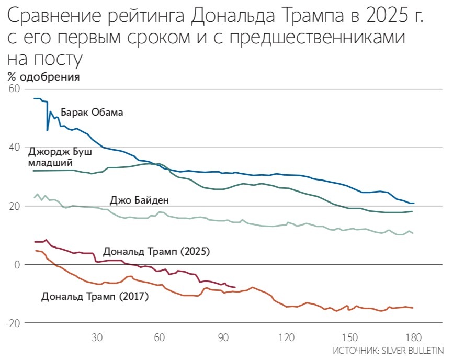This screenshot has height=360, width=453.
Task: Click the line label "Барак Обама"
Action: (x=92, y=112)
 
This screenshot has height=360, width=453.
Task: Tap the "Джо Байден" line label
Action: (x=139, y=200)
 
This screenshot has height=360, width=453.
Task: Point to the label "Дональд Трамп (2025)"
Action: (x=156, y=252)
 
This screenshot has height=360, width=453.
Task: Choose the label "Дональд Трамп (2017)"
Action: (x=95, y=297)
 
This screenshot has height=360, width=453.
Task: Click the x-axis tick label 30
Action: (x=97, y=337)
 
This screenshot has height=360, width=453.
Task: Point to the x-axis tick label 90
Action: (x=223, y=337)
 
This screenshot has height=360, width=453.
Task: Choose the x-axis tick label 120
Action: (x=286, y=337)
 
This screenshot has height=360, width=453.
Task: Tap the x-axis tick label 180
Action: (x=413, y=337)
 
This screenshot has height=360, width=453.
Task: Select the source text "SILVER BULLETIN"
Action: (x=414, y=350)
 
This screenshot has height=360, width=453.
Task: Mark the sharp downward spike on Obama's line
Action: (x=48, y=130)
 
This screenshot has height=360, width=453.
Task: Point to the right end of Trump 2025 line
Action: (x=235, y=287)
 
